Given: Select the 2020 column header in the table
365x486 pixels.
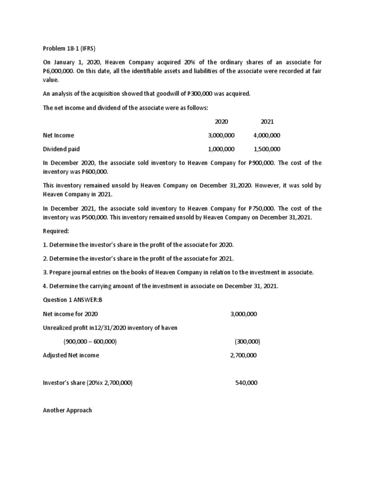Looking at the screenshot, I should click(x=221, y=122).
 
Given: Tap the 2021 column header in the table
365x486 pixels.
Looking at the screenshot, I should click(x=267, y=122).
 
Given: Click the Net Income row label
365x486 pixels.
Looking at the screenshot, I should click(x=58, y=136).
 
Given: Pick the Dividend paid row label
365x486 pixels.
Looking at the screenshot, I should click(x=61, y=149).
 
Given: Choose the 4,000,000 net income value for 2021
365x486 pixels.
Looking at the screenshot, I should click(x=267, y=136).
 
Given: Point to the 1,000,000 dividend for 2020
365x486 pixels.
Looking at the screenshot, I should click(x=221, y=149).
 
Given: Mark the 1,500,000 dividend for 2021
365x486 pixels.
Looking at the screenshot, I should click(x=267, y=149).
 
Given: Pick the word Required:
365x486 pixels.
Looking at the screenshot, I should click(x=56, y=231).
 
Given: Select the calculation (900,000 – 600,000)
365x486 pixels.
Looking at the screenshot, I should click(x=90, y=342).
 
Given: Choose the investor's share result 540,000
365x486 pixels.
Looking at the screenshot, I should click(x=246, y=383).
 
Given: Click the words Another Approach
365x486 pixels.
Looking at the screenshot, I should click(x=67, y=410).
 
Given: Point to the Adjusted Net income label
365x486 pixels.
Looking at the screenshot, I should click(x=71, y=355).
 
